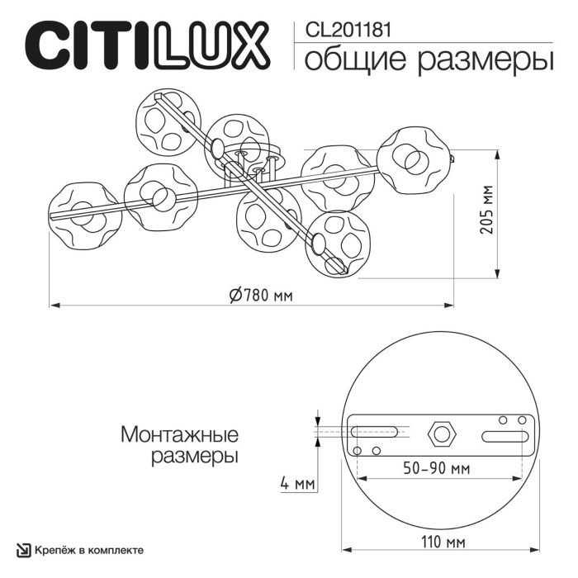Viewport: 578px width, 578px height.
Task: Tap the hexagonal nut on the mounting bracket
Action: coord(438,432)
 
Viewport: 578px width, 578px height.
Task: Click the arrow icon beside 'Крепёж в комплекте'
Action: coord(25,550)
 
